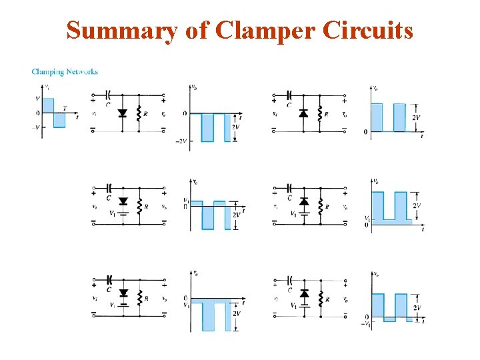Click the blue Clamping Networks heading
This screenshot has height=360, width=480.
65,72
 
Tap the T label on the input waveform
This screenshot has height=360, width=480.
64,108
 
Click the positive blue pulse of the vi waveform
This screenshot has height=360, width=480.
48,105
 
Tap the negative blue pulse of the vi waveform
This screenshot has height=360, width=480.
59,120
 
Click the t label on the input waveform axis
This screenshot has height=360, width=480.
77,117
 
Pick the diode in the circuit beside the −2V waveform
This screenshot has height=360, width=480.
122,113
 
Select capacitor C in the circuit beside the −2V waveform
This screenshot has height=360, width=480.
108,97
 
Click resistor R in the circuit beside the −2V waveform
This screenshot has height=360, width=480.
139,113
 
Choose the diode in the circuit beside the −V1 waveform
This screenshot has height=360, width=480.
305,293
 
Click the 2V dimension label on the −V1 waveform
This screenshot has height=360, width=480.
417,307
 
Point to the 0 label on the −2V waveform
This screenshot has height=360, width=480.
185,113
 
